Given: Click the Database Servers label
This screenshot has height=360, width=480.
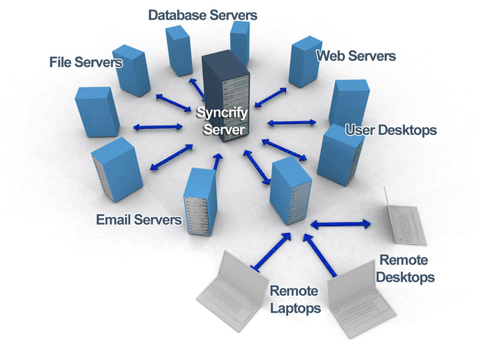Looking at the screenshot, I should (x=203, y=14).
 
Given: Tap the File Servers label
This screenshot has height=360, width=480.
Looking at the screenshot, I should (x=86, y=62).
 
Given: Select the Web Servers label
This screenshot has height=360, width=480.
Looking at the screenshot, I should (x=356, y=56).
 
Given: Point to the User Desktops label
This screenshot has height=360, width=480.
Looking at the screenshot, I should (x=391, y=130).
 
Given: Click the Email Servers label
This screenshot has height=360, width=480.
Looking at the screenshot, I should (x=139, y=220).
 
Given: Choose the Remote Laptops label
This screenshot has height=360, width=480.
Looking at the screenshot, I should (x=294, y=299).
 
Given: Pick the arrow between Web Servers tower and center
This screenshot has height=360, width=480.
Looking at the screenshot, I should (x=274, y=95).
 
